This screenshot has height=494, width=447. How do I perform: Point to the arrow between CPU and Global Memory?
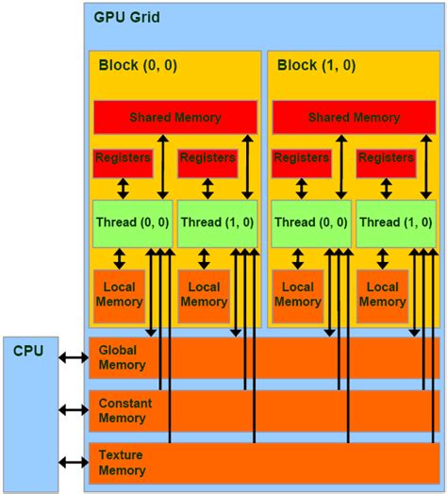point(73,357)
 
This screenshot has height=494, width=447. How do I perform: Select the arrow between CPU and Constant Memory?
point(73,410)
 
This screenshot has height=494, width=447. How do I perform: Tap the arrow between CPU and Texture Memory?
point(73,462)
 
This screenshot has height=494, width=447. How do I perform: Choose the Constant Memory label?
point(125,410)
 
